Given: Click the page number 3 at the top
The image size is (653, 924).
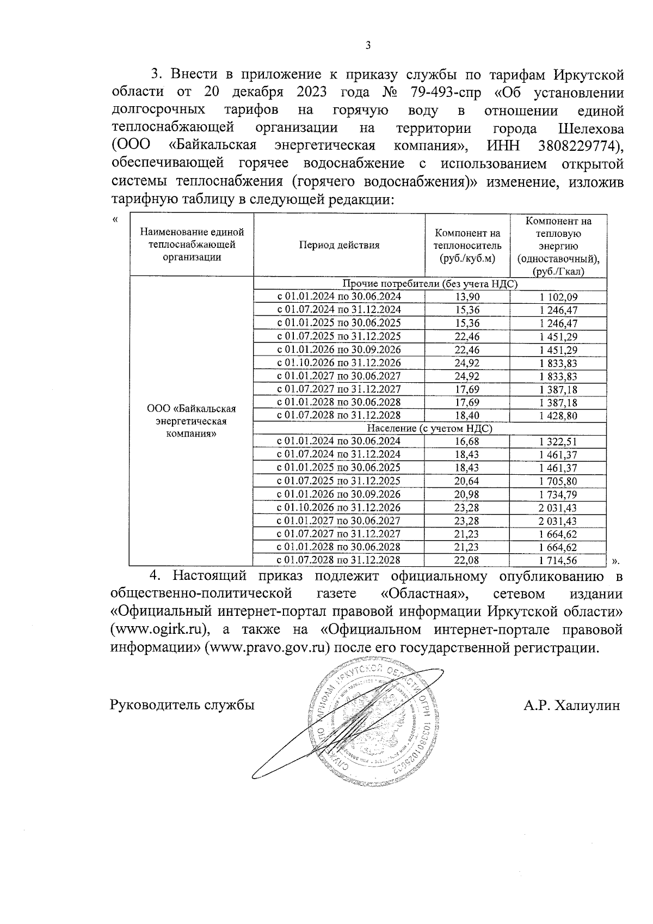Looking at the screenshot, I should [x=367, y=46].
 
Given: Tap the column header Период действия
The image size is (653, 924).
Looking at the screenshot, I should [x=339, y=245].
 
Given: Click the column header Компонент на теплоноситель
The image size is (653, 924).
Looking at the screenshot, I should [x=467, y=246].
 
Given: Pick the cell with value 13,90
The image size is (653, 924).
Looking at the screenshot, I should [x=467, y=297].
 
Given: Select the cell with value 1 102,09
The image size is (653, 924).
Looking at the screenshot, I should [x=558, y=297].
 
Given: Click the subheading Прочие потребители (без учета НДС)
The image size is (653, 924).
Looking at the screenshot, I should [x=430, y=284].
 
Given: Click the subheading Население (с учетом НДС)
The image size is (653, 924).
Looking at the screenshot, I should [x=430, y=429].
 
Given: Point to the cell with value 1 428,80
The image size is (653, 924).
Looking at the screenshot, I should [x=558, y=416].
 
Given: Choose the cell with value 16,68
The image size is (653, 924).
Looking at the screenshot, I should [x=467, y=442].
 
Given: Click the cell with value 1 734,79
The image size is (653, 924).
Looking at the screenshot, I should [x=558, y=494].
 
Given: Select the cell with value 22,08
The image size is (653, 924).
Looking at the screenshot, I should [x=467, y=560].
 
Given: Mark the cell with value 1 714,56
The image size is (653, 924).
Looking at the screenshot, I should [x=558, y=560].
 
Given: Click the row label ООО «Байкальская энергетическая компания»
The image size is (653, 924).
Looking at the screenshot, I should [x=191, y=421].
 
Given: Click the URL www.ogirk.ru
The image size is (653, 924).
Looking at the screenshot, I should [x=160, y=629].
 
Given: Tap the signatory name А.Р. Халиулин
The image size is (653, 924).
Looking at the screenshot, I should [x=572, y=706].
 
